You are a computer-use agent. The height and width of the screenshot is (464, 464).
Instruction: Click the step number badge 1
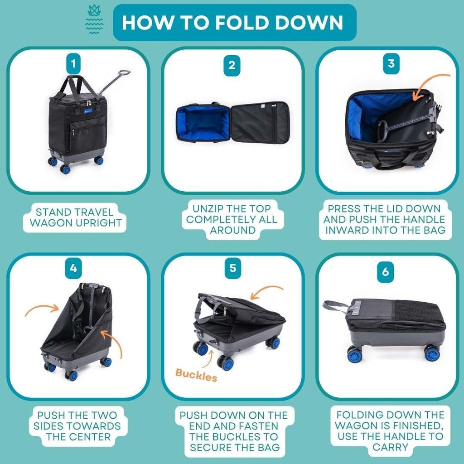click(x=73, y=64)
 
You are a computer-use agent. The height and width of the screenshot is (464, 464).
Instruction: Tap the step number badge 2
click(x=232, y=65)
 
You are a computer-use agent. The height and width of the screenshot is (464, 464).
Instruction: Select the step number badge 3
click(x=391, y=63)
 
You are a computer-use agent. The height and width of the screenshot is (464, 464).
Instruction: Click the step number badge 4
click(x=73, y=268)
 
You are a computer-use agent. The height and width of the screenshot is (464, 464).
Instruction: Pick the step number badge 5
click(x=232, y=268)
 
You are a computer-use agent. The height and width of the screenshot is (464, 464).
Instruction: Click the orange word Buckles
click(x=196, y=375)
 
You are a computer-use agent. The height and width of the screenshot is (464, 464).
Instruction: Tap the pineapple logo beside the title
click(x=95, y=20)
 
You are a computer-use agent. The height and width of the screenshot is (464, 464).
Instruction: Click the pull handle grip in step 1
click(x=123, y=72)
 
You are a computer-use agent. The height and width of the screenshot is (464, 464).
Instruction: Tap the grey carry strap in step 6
click(x=335, y=305)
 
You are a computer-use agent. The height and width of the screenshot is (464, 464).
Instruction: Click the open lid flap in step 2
click(x=260, y=122)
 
